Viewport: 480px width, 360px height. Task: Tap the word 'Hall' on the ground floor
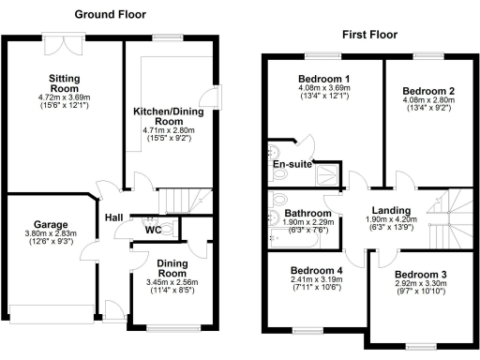pyautogui.click(x=114, y=217)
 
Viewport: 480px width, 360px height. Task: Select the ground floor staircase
pyautogui.click(x=185, y=200)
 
